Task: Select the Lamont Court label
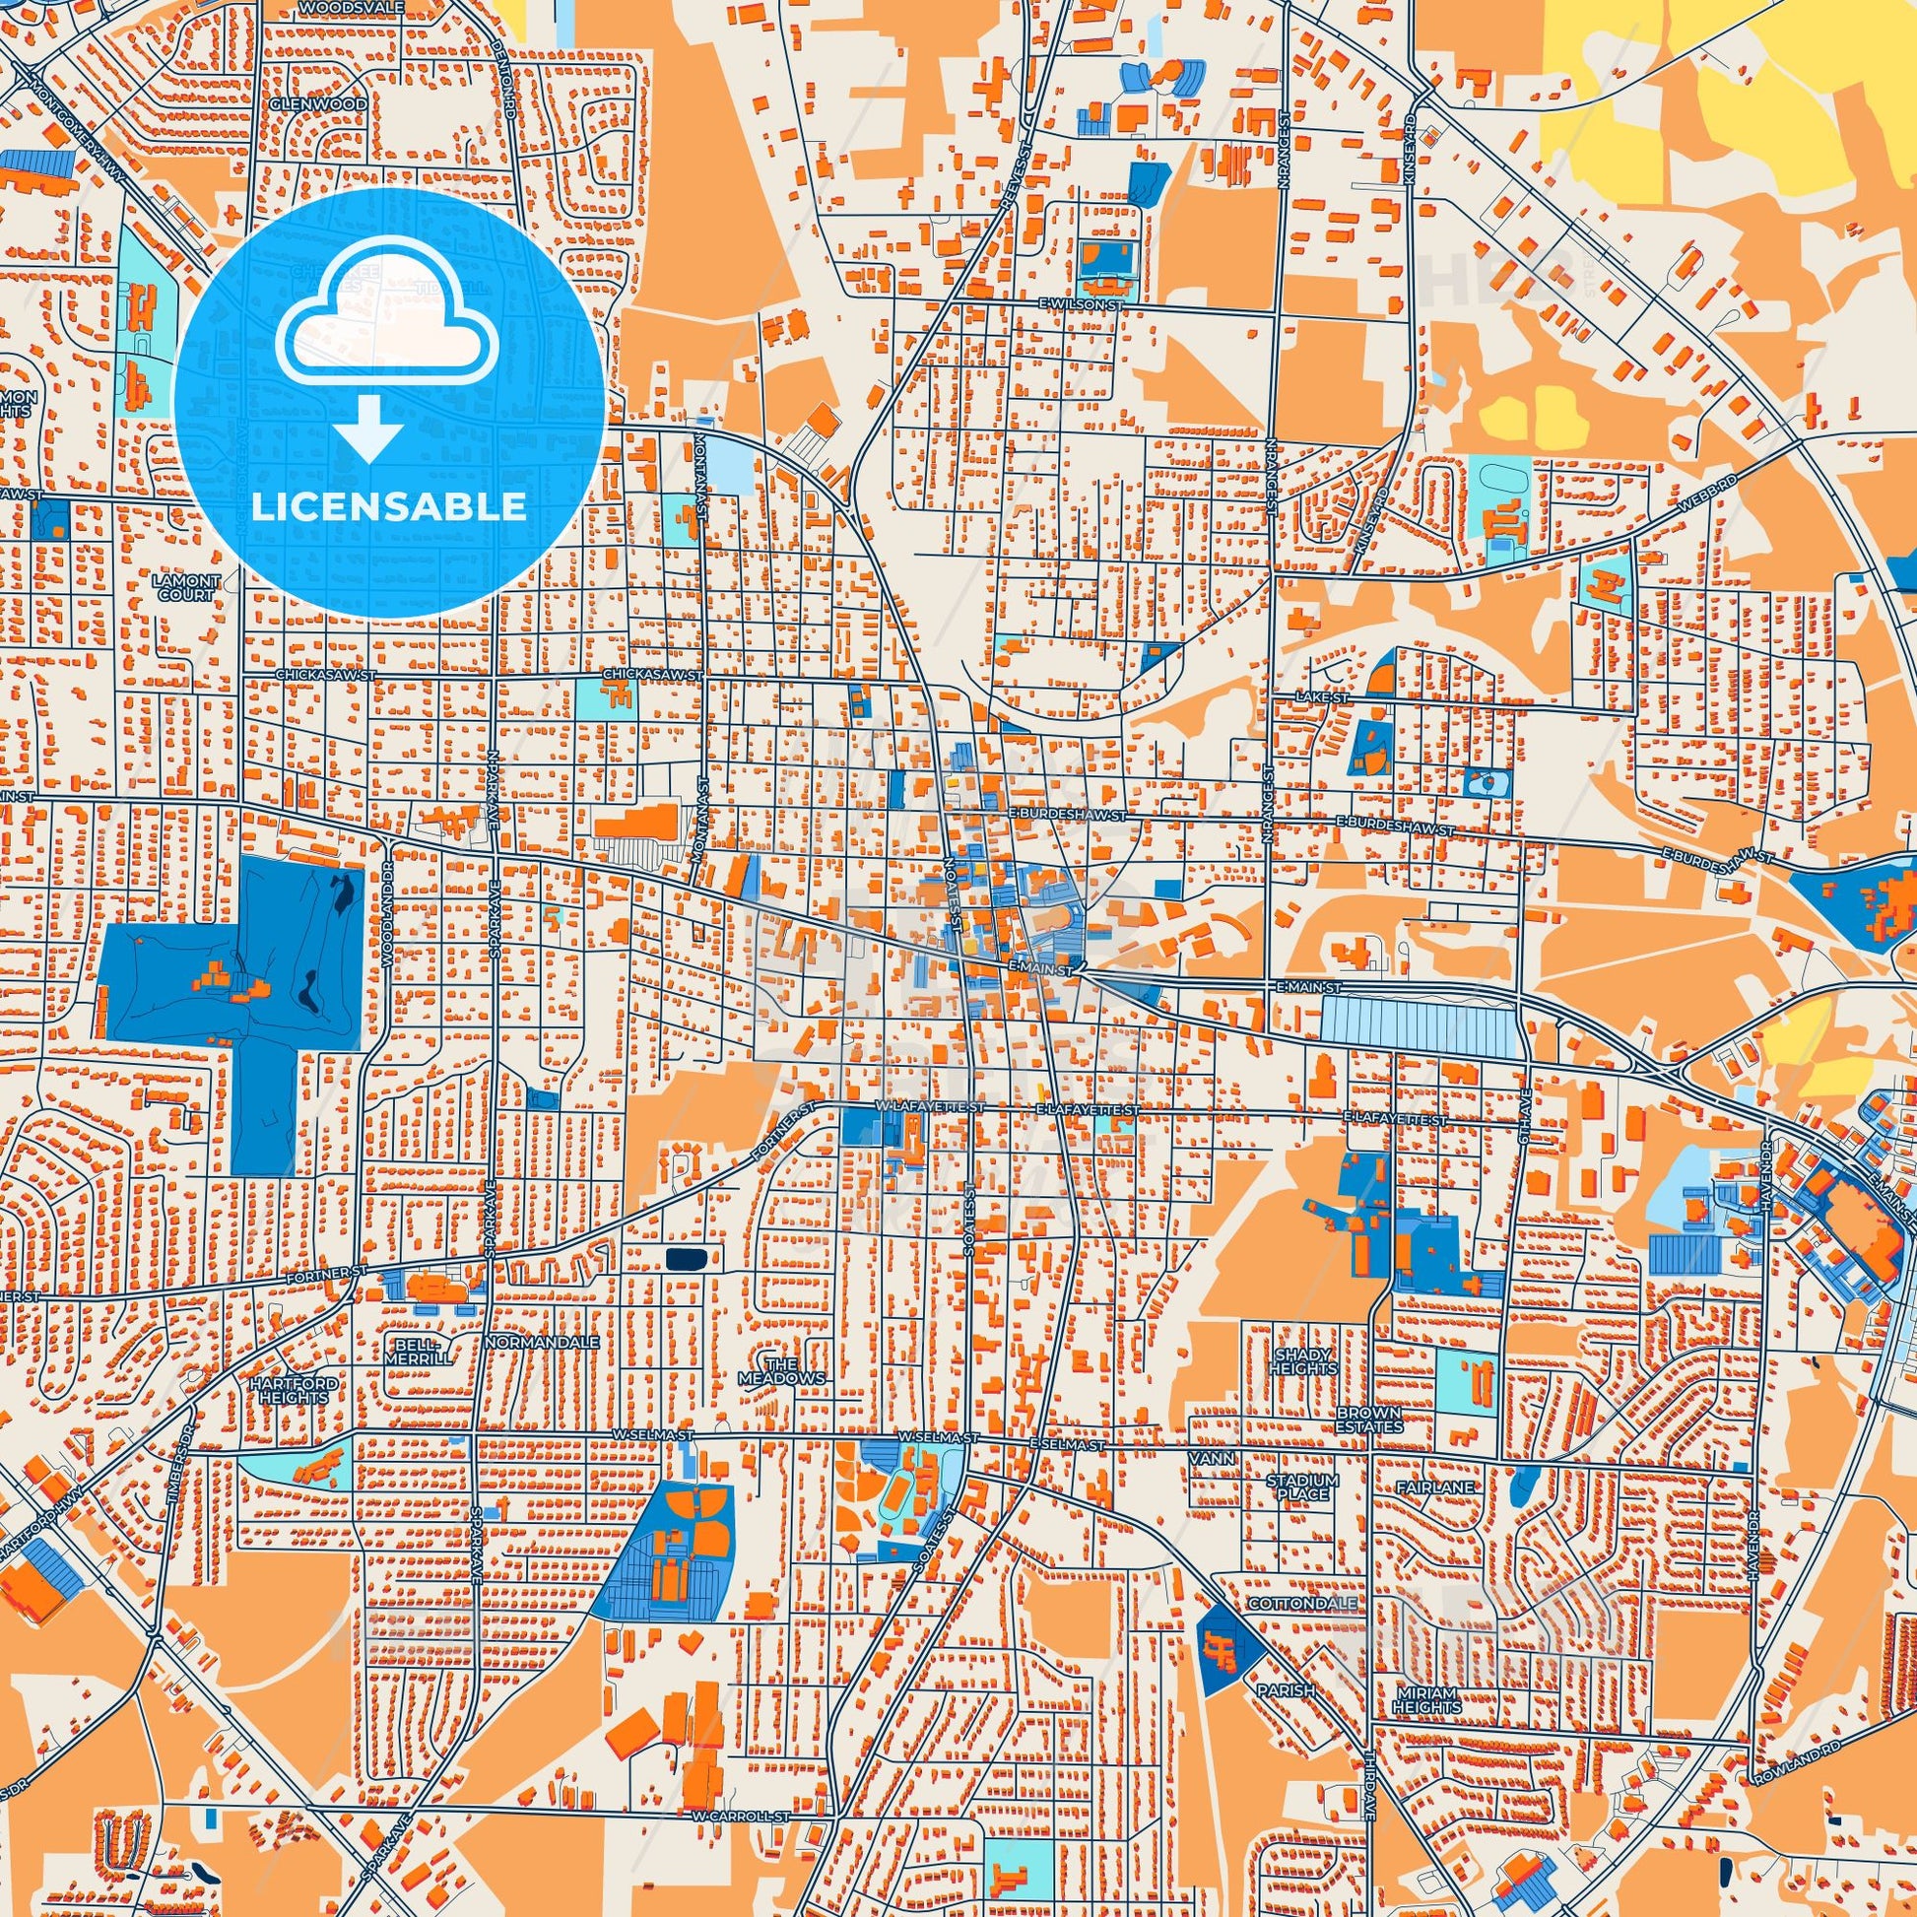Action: [x=184, y=586]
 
